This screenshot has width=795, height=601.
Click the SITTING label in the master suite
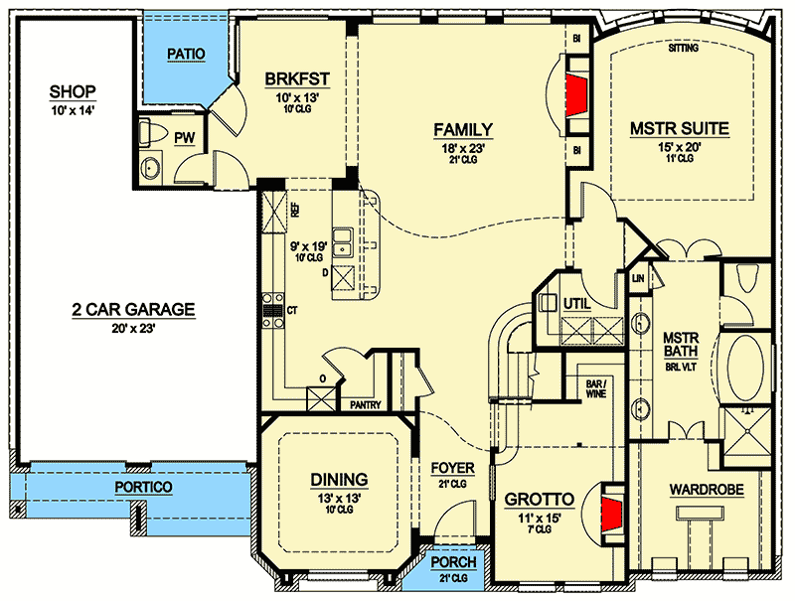pyautogui.click(x=683, y=48)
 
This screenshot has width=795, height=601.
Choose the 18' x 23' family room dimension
pyautogui.click(x=463, y=147)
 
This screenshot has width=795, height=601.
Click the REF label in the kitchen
pyautogui.click(x=294, y=211)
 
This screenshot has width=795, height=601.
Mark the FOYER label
pyautogui.click(x=452, y=467)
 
